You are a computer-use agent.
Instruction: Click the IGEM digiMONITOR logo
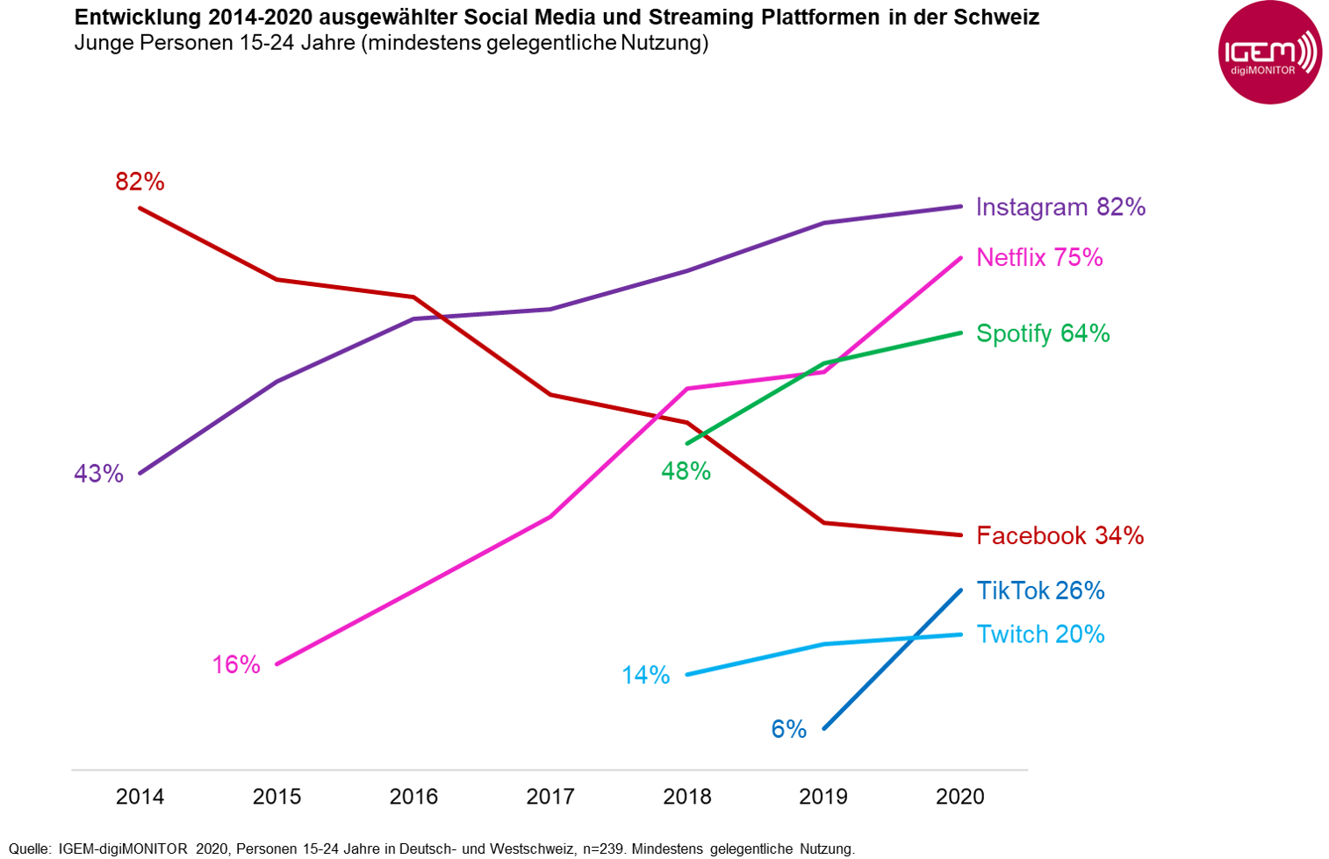point(1269,54)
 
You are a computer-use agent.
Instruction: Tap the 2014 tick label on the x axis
point(140,797)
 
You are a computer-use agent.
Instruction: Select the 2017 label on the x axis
point(550,797)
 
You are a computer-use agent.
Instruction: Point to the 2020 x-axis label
point(960,797)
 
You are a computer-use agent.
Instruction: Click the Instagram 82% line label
point(1060,207)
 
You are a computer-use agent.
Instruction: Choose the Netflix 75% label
point(1039,258)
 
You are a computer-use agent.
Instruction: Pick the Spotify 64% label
point(1043,333)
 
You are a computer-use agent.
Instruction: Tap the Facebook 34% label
point(1060,536)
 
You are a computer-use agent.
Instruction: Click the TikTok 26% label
point(1040,591)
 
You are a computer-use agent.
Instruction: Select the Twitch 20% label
point(1040,634)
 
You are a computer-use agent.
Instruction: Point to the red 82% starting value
point(140,182)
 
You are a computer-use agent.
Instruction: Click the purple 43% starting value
point(98,474)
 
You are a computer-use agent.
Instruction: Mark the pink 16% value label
point(236,665)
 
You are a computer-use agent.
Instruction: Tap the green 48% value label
point(686,472)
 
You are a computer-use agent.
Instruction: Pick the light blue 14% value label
point(645,676)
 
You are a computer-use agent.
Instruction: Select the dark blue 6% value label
point(788,729)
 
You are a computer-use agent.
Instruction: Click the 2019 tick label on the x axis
point(823,797)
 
